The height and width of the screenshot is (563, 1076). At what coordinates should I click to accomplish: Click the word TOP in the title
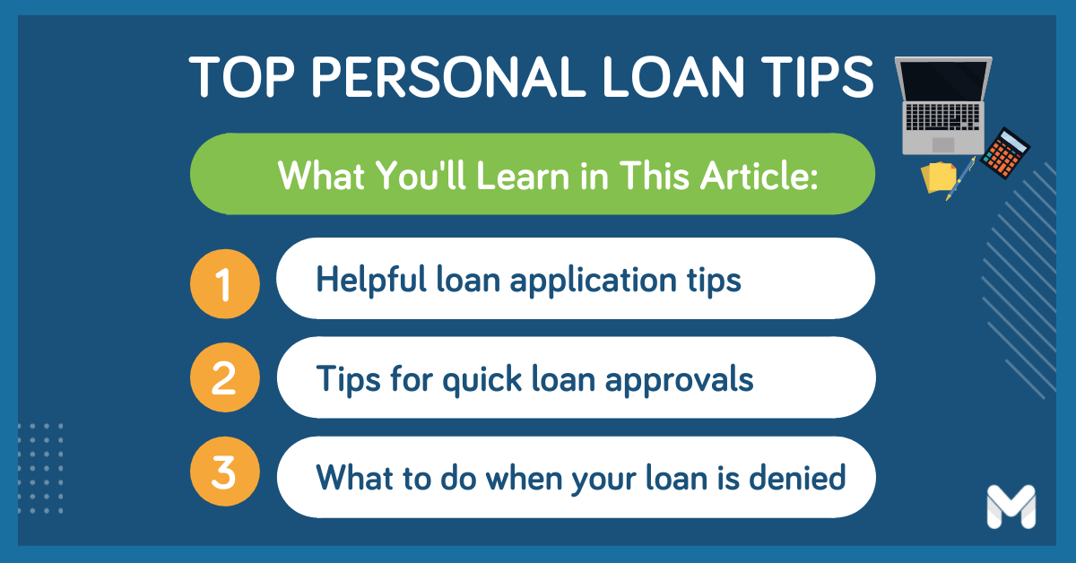coord(241,77)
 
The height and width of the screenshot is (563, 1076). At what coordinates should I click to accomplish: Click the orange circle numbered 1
coord(225,283)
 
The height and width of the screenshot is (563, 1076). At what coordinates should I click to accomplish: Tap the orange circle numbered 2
coord(225,377)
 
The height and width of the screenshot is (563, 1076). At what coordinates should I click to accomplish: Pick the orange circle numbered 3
coord(225,472)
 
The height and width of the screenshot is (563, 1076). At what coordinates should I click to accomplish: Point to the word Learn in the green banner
coord(523,176)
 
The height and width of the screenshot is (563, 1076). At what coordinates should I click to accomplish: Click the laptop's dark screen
coord(943,81)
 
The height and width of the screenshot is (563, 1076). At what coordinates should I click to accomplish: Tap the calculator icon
coord(1005,153)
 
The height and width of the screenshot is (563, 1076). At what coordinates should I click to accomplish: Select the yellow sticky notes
coord(938,178)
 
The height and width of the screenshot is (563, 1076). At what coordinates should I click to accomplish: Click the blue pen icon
coord(960,178)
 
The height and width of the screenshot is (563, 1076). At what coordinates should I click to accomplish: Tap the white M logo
coord(1011,507)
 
